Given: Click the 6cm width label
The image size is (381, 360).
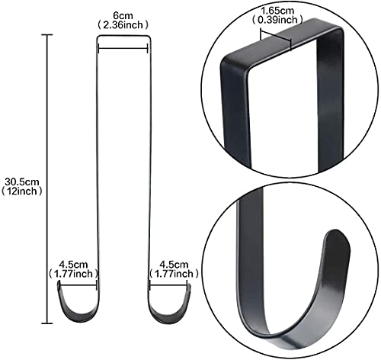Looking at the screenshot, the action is (x=123, y=16).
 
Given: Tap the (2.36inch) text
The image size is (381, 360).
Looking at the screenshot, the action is (x=123, y=25).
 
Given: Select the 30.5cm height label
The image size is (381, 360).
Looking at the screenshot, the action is (x=22, y=182).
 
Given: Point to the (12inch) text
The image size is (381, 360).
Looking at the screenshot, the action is (x=22, y=191).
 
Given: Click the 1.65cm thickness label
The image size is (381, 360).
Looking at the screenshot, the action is (x=277, y=11).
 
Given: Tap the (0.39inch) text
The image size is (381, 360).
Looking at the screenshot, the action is (x=277, y=20).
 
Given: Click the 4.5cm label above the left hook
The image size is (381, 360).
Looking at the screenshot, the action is (x=73, y=265).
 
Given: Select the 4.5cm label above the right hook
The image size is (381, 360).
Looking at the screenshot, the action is (x=174, y=265).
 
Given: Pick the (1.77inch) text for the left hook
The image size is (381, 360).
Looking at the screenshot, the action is (x=73, y=274).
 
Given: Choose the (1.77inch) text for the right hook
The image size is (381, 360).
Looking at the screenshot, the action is (x=174, y=274).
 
